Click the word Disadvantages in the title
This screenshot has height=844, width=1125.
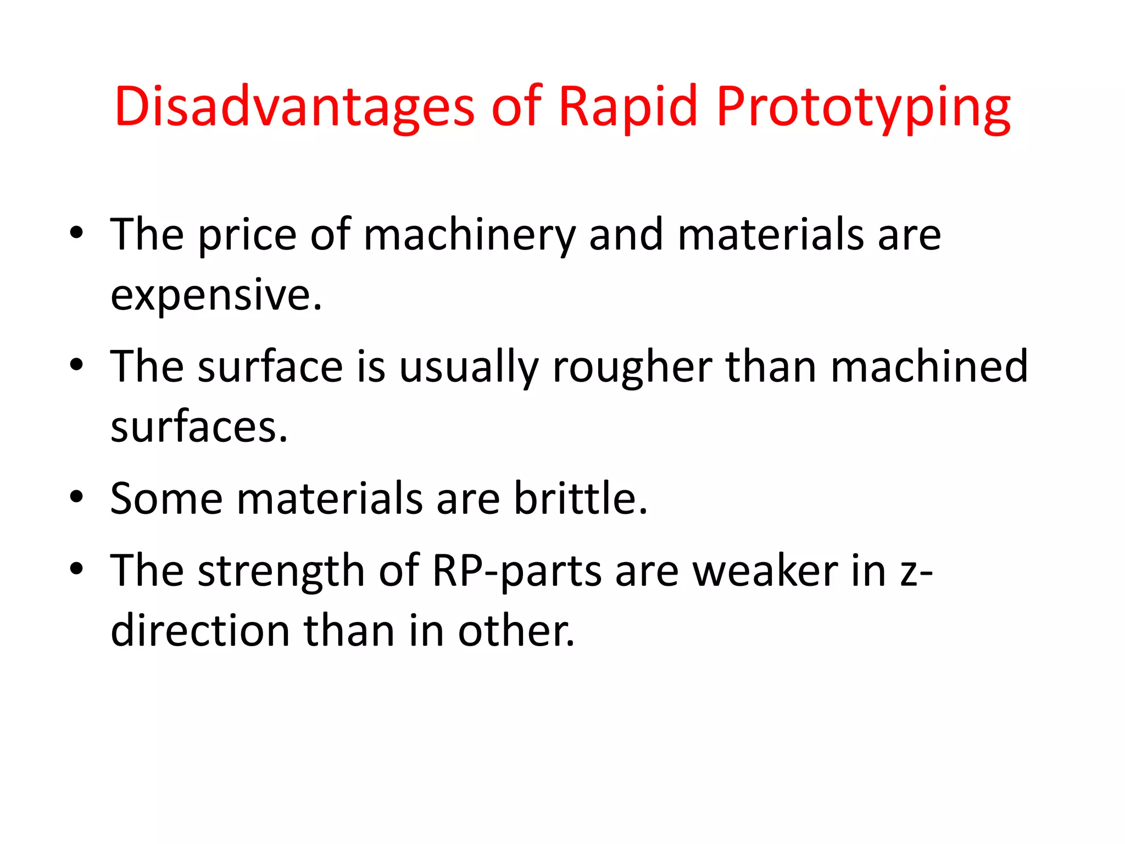coord(294,107)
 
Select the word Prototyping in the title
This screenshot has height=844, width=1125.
coord(863,107)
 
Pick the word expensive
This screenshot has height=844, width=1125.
coord(216,296)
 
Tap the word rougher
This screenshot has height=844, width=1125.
coord(632,367)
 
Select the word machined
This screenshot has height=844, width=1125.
coord(929,367)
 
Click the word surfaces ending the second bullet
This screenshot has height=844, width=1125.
coord(199,427)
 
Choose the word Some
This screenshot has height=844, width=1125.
coord(166,499)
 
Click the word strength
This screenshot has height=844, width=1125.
coord(281,571)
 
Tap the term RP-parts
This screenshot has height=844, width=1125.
coord(517,571)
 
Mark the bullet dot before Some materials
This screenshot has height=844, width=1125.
coord(76,497)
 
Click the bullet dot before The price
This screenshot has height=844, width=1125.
coord(76,234)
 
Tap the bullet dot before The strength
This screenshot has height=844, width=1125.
coord(76,569)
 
